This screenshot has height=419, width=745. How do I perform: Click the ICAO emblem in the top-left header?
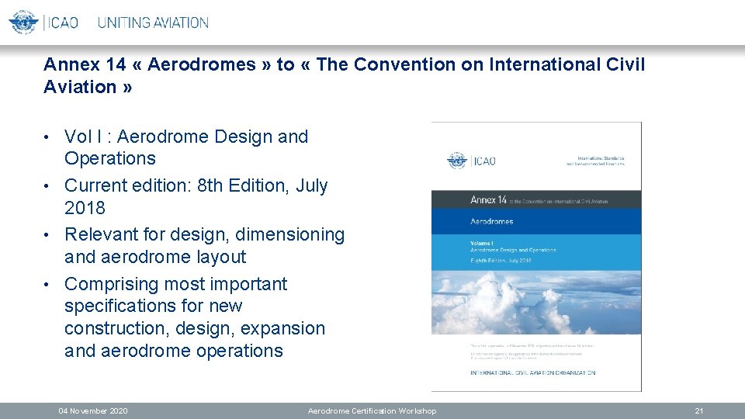click(x=23, y=22)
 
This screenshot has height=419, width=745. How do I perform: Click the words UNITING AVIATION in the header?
click(x=153, y=23)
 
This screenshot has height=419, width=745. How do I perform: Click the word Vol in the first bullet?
click(x=78, y=137)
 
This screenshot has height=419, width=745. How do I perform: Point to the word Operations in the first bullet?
click(x=109, y=159)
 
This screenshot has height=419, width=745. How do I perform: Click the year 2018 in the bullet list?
click(x=85, y=208)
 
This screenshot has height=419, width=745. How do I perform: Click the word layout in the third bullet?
click(x=219, y=257)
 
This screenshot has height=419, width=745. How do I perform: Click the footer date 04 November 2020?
click(x=93, y=410)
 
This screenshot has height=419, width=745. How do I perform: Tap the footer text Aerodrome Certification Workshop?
click(x=372, y=410)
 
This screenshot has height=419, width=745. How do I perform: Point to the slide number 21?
click(x=698, y=410)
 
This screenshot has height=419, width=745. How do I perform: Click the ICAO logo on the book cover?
click(x=471, y=161)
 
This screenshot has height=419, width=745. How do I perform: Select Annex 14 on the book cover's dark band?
click(x=489, y=200)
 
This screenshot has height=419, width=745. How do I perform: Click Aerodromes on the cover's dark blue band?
click(x=492, y=221)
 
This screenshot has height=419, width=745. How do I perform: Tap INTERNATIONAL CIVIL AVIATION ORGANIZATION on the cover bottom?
click(x=532, y=373)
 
